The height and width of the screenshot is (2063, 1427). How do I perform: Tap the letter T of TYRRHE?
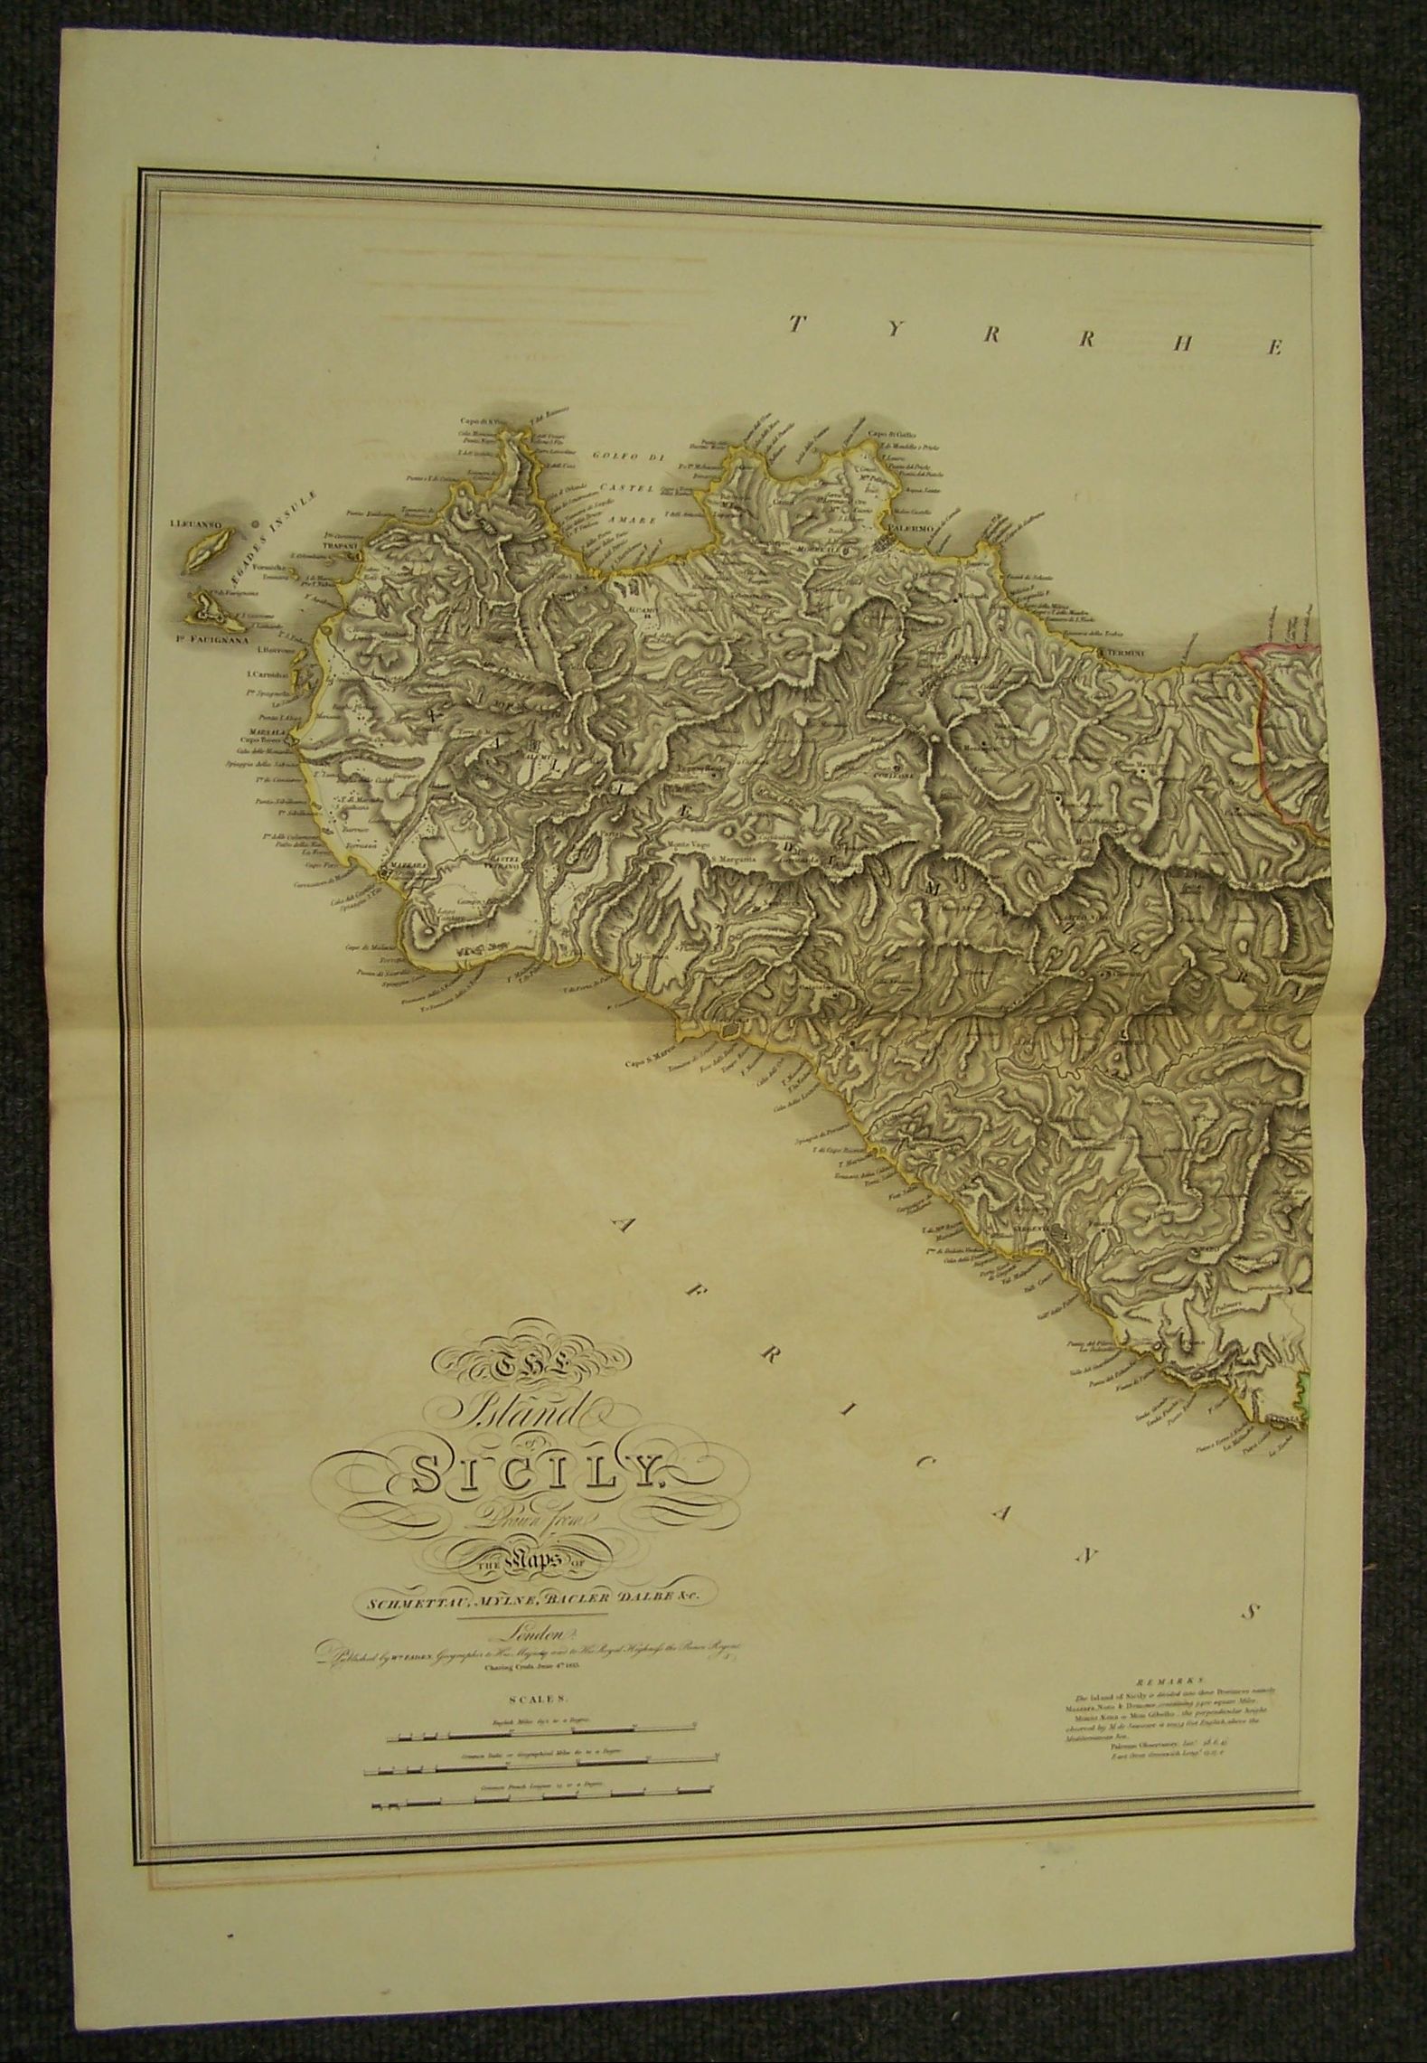pos(796,324)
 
